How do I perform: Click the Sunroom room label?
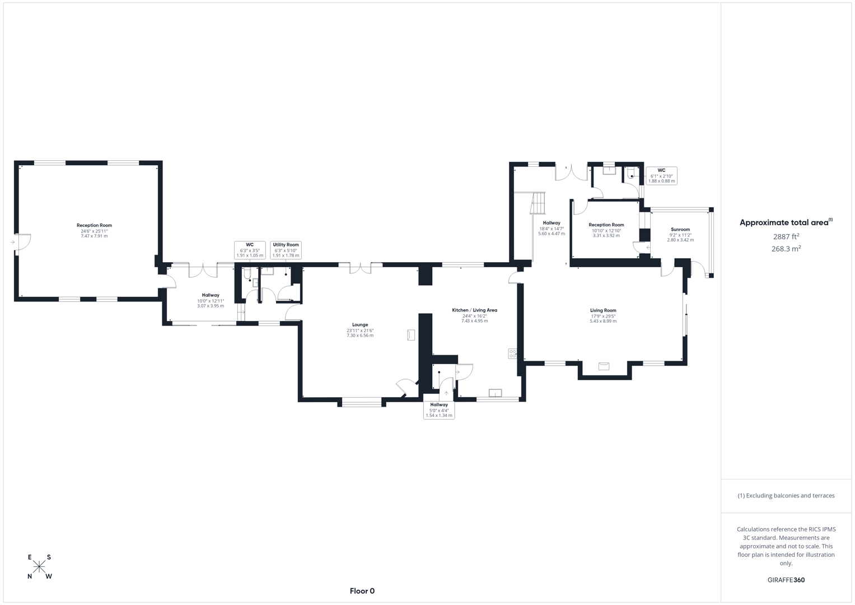click(680, 229)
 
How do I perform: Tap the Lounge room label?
click(360, 325)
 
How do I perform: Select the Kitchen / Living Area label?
click(474, 310)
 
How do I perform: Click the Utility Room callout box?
click(286, 250)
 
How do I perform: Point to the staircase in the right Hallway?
click(538, 202)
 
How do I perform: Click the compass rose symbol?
click(39, 567)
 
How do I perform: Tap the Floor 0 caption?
click(362, 591)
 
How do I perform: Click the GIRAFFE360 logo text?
click(786, 580)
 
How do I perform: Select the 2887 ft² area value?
click(786, 236)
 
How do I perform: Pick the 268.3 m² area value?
click(786, 249)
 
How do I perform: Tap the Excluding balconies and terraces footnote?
click(786, 496)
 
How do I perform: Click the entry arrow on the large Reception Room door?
click(12, 243)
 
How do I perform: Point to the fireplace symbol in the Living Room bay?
click(604, 366)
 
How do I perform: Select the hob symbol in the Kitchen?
click(512, 353)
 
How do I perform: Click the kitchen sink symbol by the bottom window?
click(495, 393)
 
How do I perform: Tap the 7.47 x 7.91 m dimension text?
click(94, 236)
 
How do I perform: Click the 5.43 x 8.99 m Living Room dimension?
click(603, 322)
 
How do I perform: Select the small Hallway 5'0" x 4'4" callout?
click(439, 410)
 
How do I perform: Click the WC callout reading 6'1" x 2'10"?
click(661, 176)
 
